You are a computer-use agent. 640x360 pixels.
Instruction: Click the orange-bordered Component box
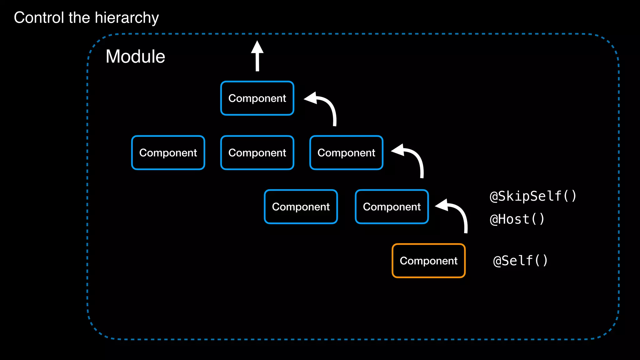(428, 261)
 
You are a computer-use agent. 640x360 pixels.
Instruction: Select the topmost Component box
(257, 98)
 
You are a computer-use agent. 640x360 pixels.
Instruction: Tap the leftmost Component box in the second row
(168, 152)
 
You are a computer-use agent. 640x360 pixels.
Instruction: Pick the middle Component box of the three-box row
(257, 152)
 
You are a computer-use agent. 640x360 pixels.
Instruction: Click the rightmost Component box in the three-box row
(346, 152)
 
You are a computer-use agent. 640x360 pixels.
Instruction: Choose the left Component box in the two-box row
(301, 207)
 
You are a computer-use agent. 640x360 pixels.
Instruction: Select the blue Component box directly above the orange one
(392, 207)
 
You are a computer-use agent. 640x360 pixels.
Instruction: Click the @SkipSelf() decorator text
(533, 196)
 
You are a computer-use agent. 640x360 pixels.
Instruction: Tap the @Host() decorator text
(517, 219)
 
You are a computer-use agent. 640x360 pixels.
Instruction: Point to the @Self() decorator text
(520, 261)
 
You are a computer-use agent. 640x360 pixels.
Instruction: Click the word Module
(135, 57)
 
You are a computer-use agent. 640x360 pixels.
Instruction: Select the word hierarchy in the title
(127, 18)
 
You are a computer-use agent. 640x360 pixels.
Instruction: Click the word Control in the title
(39, 17)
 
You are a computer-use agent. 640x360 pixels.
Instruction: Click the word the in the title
(79, 17)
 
